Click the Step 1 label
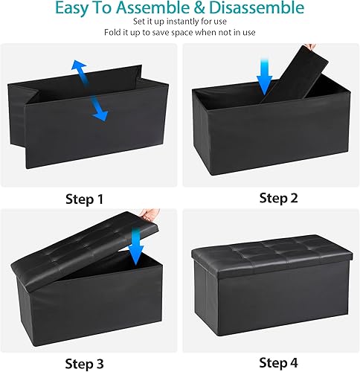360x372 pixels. (x=84, y=199)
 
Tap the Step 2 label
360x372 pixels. (x=279, y=198)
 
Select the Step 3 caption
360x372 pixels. (x=84, y=363)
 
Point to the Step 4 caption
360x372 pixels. (x=279, y=362)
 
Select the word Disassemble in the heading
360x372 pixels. (x=257, y=9)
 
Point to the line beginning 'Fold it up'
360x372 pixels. (x=179, y=33)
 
